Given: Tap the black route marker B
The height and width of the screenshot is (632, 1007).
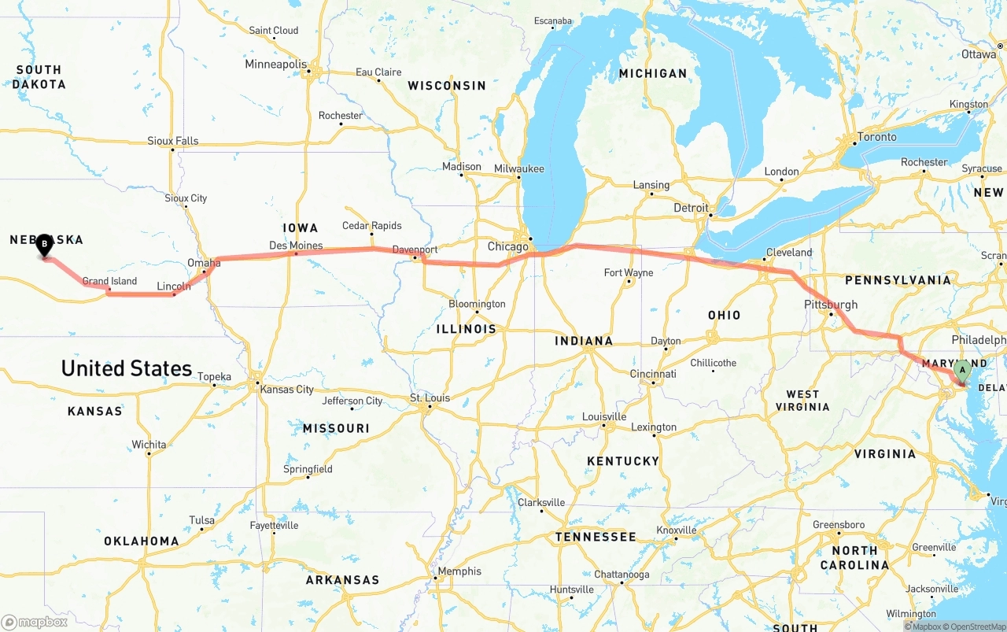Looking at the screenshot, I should coord(45,245).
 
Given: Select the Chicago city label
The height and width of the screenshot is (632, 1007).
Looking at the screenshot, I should coord(508,246).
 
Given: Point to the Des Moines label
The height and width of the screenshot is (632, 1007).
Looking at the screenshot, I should coord(296,245).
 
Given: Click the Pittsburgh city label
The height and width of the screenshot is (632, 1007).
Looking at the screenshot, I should coord(831,305).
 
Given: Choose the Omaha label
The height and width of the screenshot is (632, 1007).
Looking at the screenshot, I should coord(204,263).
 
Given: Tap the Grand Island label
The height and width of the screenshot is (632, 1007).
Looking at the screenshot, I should coord(109,281).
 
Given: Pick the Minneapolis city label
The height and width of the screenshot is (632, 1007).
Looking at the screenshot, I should coord(276,64).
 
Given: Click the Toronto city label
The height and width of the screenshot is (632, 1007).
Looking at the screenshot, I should coord(876,137).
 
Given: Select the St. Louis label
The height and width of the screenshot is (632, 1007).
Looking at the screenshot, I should coord(430,397).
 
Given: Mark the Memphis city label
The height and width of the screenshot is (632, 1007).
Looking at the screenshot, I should coord(460,571).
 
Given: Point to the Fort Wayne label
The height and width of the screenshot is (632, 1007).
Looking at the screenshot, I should coord(629,272).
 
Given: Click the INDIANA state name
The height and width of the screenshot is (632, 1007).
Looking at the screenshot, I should coord(584,341).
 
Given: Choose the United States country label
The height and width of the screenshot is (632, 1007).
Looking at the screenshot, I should coord(127,368).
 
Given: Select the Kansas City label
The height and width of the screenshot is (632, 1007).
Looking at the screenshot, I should coord(287,389).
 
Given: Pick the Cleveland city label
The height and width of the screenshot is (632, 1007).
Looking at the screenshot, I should coord(789,253).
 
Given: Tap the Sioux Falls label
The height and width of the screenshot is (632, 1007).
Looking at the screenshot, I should coord(173,141).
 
